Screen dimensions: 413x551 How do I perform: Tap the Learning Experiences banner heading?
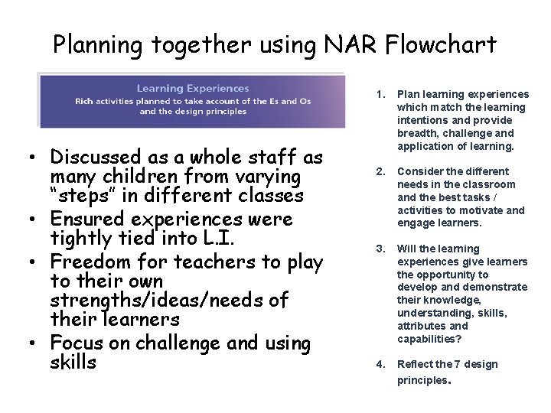(193, 89)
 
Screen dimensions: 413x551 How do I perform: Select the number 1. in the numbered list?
(380, 95)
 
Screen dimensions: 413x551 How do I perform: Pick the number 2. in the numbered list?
(380, 171)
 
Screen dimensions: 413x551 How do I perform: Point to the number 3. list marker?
(380, 249)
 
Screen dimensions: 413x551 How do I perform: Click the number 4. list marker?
(380, 364)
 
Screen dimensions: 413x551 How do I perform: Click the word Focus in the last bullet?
(77, 344)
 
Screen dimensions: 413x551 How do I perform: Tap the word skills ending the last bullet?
(73, 363)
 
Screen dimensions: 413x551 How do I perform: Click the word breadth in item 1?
(416, 133)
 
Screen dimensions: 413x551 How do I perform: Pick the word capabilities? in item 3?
(429, 339)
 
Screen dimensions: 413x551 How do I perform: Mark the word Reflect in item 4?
(414, 364)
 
